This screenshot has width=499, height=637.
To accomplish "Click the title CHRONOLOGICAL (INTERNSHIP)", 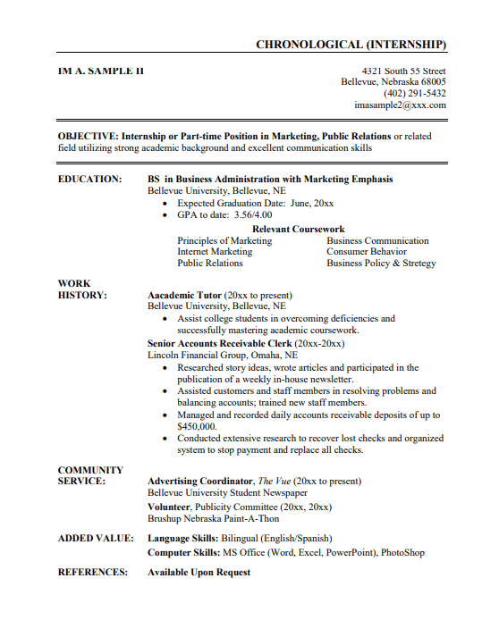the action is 351,45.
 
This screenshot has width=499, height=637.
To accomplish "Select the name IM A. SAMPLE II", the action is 100,71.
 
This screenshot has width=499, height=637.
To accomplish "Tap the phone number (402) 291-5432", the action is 415,93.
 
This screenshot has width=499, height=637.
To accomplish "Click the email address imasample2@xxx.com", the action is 400,105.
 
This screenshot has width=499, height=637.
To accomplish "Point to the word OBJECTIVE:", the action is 88,136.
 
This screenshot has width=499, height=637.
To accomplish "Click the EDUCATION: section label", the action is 89,179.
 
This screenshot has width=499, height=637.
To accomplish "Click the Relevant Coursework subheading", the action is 298,229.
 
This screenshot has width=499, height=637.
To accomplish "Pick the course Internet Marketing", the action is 215,252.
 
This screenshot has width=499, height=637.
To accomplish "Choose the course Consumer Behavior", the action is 366,252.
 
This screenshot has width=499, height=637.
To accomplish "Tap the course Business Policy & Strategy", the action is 381,264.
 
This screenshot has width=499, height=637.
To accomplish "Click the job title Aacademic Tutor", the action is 184,295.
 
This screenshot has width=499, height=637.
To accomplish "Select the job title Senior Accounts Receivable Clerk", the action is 220,343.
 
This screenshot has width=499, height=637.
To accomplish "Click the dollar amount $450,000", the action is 197,427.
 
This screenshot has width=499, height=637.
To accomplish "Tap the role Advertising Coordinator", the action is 199,482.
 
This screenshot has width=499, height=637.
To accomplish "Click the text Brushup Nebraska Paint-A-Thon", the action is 213,518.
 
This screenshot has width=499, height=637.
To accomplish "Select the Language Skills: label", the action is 182,539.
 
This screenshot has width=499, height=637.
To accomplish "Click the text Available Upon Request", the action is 199,572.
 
